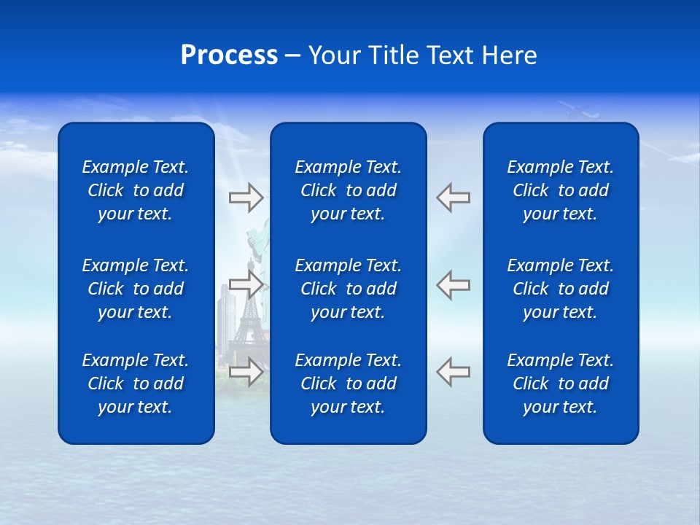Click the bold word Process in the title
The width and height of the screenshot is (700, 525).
tap(229, 55)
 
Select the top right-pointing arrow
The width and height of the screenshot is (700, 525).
tap(246, 198)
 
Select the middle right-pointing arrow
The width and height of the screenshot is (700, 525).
tap(246, 284)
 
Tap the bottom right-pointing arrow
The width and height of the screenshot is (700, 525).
tap(246, 372)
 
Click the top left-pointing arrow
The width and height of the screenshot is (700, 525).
tap(453, 198)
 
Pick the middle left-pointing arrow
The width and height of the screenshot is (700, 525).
tap(453, 284)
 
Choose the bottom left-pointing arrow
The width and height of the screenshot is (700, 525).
tap(453, 372)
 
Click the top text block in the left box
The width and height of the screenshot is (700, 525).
tap(136, 190)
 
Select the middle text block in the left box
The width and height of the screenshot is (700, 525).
tap(136, 289)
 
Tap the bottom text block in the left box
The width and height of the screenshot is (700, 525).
tap(136, 384)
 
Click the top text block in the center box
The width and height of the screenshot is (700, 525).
tap(348, 190)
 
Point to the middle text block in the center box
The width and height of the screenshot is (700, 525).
tap(348, 289)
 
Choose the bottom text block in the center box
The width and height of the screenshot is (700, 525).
tap(348, 384)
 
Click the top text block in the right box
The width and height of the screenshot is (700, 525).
tap(560, 190)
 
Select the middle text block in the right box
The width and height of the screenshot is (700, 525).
tap(560, 289)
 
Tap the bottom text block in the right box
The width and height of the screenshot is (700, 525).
tap(560, 384)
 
